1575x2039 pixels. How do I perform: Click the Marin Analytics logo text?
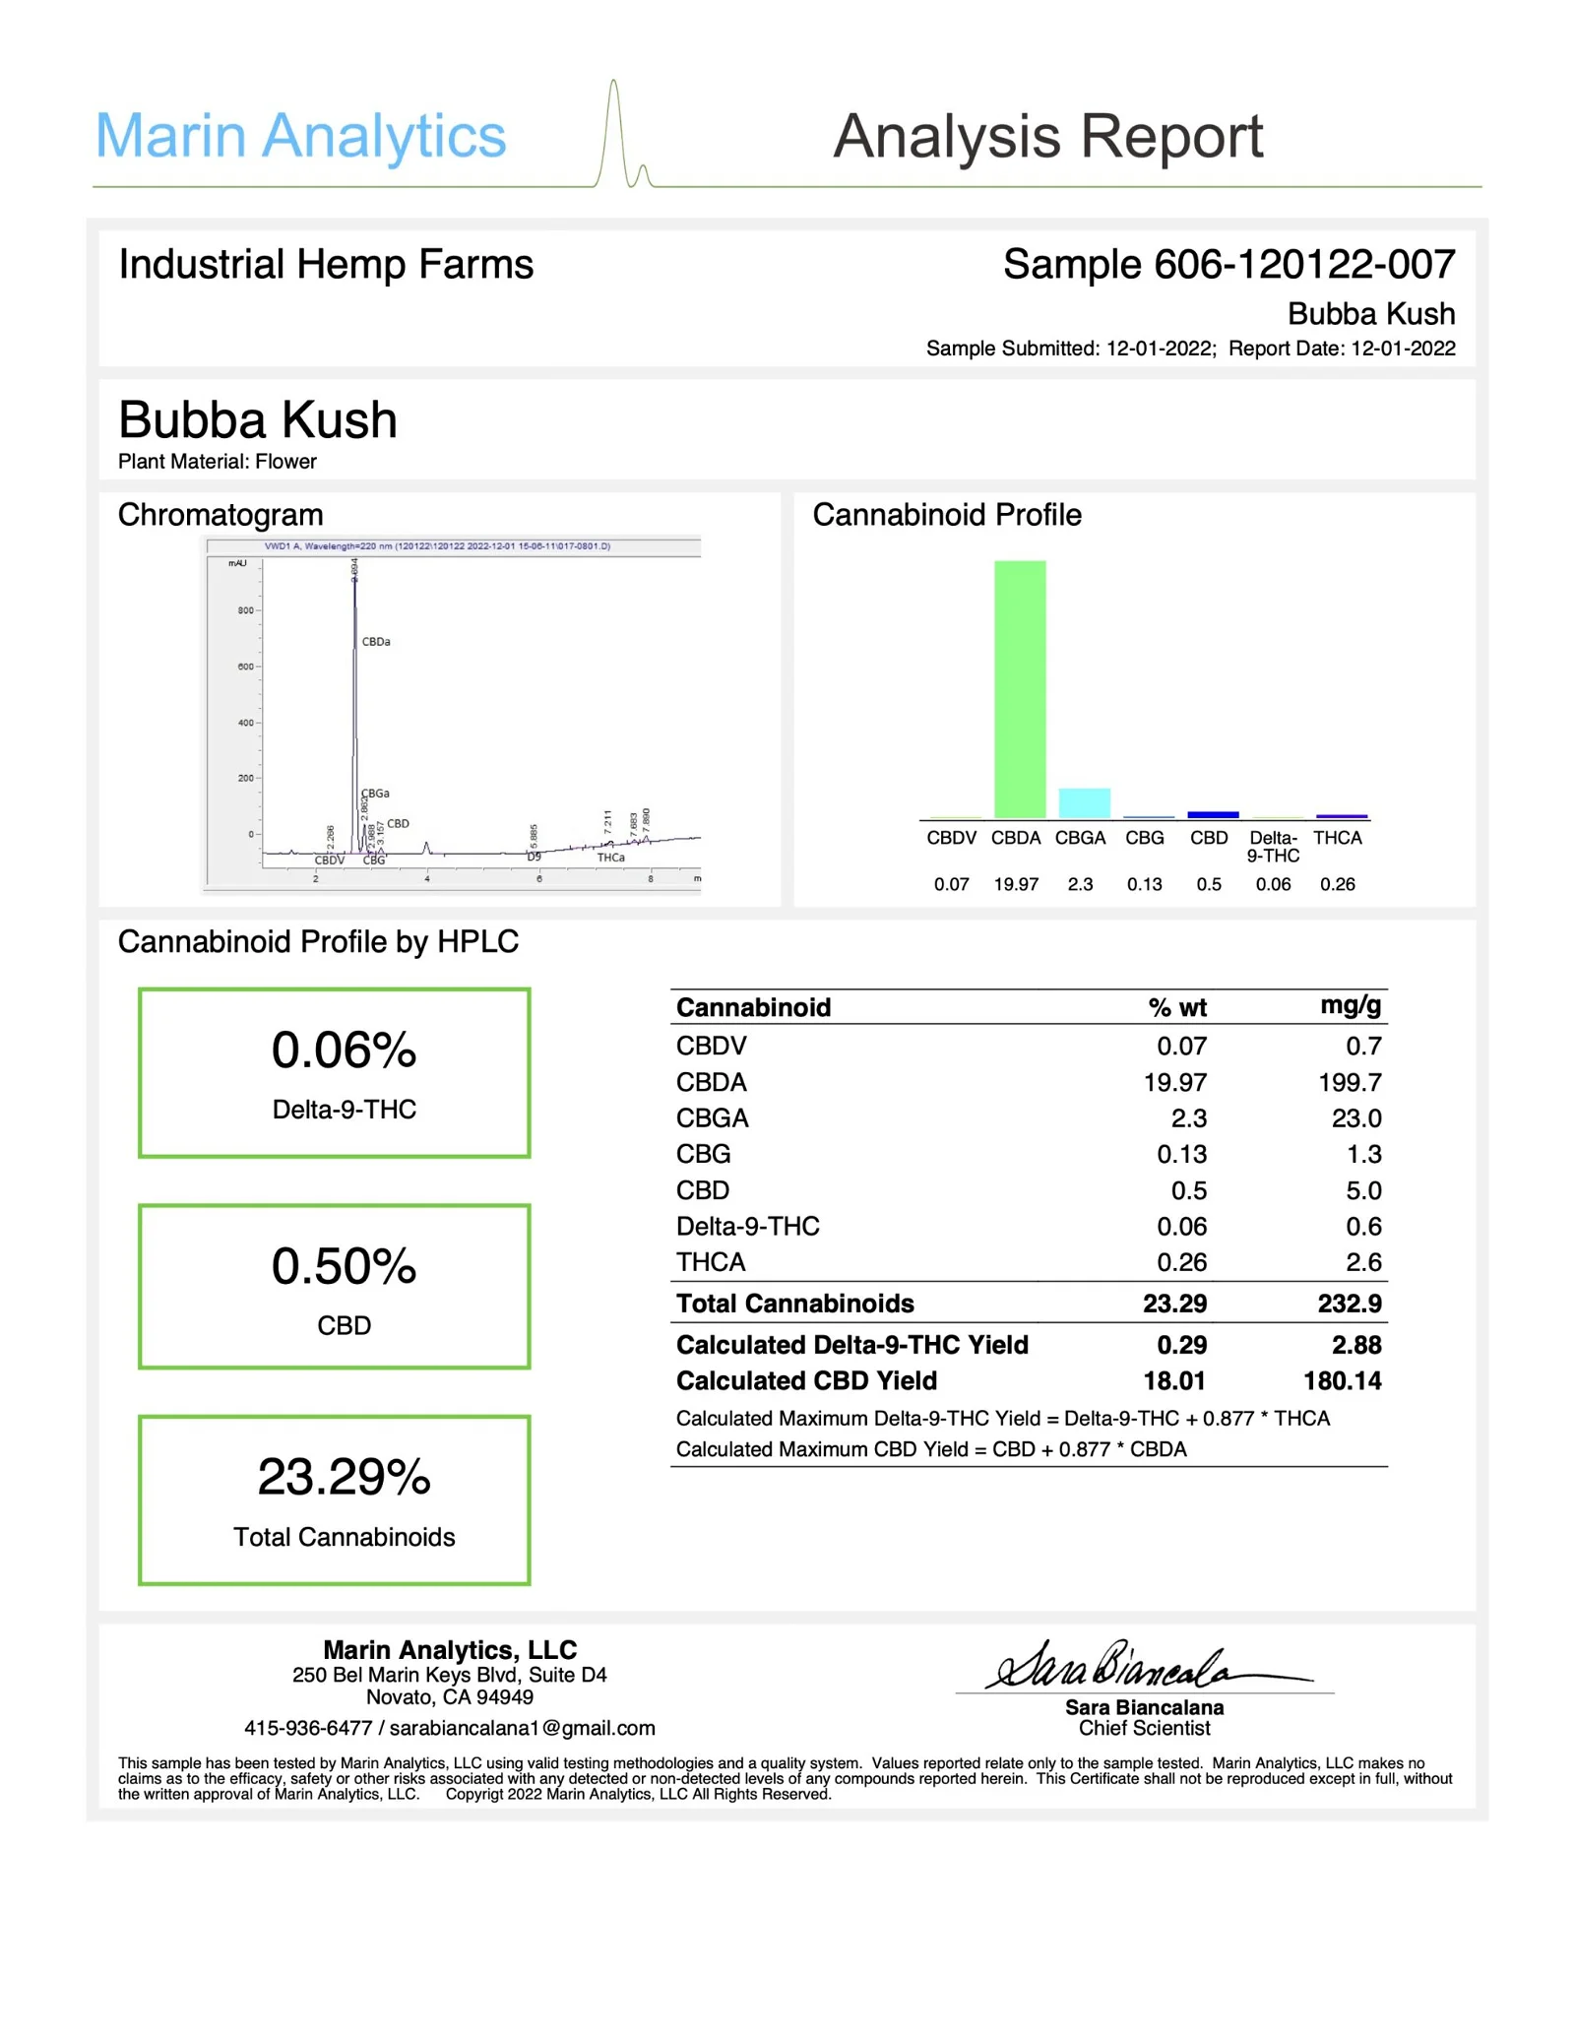click(x=300, y=136)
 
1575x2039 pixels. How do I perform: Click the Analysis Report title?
click(x=1047, y=136)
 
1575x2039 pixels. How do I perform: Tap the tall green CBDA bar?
click(x=1020, y=689)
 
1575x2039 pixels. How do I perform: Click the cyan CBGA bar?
click(x=1083, y=802)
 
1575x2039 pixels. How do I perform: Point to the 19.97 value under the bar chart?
click(x=1016, y=884)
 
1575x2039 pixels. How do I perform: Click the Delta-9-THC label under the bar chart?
click(x=1273, y=847)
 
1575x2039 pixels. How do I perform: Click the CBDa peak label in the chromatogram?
click(x=376, y=642)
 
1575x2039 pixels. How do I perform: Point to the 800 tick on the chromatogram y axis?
click(x=245, y=610)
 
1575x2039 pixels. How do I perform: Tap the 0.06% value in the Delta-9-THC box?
click(x=344, y=1050)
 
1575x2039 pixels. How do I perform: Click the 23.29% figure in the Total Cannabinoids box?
click(x=344, y=1477)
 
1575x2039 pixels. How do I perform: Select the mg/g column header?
click(x=1351, y=1005)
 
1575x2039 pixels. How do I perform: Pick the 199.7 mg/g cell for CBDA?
click(x=1350, y=1082)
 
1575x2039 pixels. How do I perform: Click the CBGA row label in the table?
click(x=712, y=1118)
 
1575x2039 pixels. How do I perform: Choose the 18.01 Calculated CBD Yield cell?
click(x=1174, y=1380)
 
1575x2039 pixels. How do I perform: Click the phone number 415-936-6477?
click(x=308, y=1728)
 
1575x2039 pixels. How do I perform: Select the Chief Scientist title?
click(x=1144, y=1728)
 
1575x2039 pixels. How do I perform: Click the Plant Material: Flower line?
click(x=218, y=462)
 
